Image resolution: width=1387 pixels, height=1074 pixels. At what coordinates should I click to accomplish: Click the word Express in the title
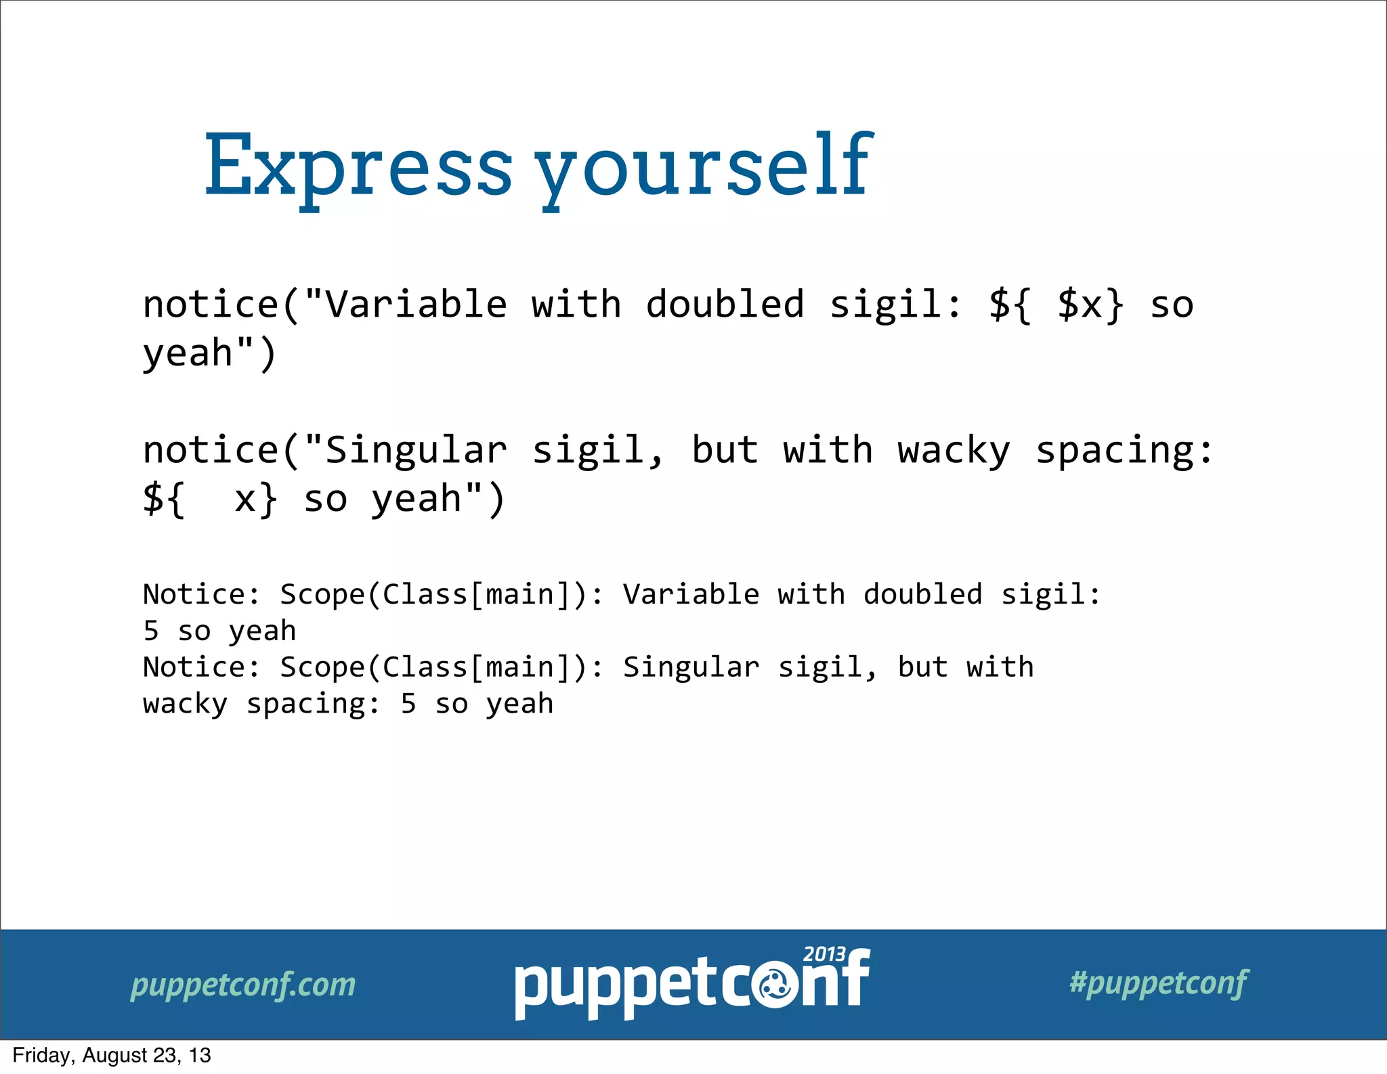coord(358,166)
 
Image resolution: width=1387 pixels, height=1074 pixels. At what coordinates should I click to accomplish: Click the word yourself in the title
coord(704,166)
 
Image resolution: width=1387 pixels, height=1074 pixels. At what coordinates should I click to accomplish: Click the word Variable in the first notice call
coord(416,305)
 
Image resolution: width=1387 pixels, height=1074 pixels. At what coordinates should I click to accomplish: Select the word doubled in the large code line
coord(725,305)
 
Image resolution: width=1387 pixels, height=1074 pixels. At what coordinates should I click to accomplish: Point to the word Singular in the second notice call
coord(416,450)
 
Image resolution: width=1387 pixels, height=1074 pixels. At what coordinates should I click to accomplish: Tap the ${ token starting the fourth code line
coord(163,499)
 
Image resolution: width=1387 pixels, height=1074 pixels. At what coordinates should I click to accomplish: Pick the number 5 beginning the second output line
coord(151,631)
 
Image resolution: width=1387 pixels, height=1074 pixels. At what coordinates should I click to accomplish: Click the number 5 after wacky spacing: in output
coord(408,704)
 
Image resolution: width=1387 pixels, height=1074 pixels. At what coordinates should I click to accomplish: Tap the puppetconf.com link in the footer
coord(242,985)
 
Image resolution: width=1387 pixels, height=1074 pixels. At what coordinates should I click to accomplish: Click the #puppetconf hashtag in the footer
coord(1158,983)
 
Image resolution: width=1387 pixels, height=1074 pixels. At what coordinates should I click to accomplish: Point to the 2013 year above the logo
coord(824,955)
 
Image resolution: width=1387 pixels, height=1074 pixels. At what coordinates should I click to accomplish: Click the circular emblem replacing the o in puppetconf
coord(775,988)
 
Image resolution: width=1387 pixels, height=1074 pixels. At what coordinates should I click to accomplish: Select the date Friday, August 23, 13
coord(112,1056)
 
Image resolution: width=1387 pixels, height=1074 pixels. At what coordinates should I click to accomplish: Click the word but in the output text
coord(922,667)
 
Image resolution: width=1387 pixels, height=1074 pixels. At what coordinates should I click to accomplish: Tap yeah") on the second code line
coord(209,354)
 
